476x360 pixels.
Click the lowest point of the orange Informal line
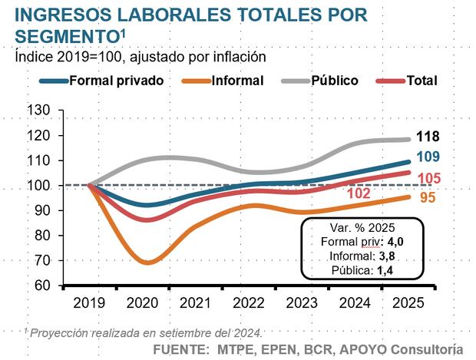point(147,263)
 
